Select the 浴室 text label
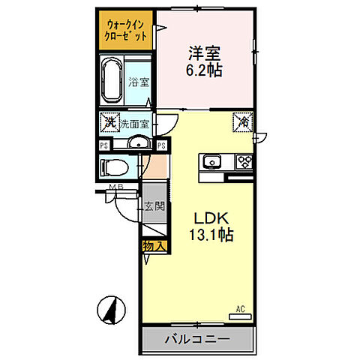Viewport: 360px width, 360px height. pos(138,83)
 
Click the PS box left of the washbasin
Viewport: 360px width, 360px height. pos(103,145)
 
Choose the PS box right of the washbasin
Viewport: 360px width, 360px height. pos(161,145)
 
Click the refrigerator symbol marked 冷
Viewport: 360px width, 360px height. pos(244,121)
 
